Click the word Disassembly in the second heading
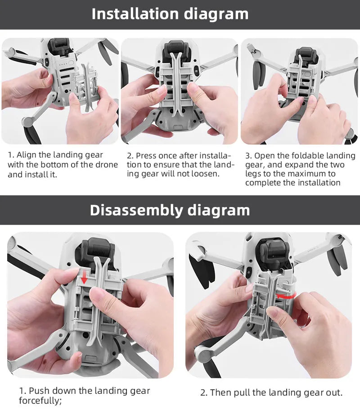click(135, 210)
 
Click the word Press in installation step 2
click(147, 155)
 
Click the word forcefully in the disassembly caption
click(40, 400)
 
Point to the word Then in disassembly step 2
click(220, 392)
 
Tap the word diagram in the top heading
click(216, 14)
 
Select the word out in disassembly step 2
click(334, 392)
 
